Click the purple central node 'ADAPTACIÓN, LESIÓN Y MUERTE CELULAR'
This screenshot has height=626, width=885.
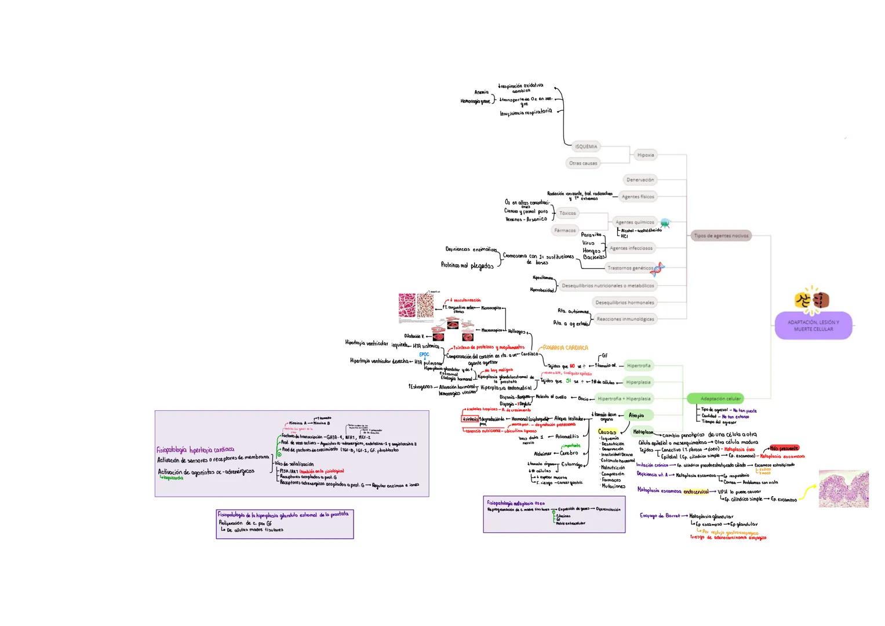(813, 325)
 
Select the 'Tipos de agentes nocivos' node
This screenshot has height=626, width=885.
(721, 236)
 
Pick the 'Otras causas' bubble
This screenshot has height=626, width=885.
(582, 163)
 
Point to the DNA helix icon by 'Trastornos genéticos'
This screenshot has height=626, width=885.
(657, 268)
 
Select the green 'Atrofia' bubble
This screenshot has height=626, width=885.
(636, 415)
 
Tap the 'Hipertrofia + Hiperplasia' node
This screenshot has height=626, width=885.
(624, 399)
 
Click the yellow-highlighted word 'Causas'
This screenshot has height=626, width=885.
(607, 432)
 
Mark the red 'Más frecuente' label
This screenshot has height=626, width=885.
(784, 448)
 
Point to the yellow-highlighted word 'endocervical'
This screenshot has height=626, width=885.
(696, 491)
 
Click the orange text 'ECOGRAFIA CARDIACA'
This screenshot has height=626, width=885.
(566, 348)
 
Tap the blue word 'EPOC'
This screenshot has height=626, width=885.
(424, 354)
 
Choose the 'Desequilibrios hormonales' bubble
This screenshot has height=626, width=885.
(624, 303)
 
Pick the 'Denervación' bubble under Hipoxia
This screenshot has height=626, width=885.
(640, 180)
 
